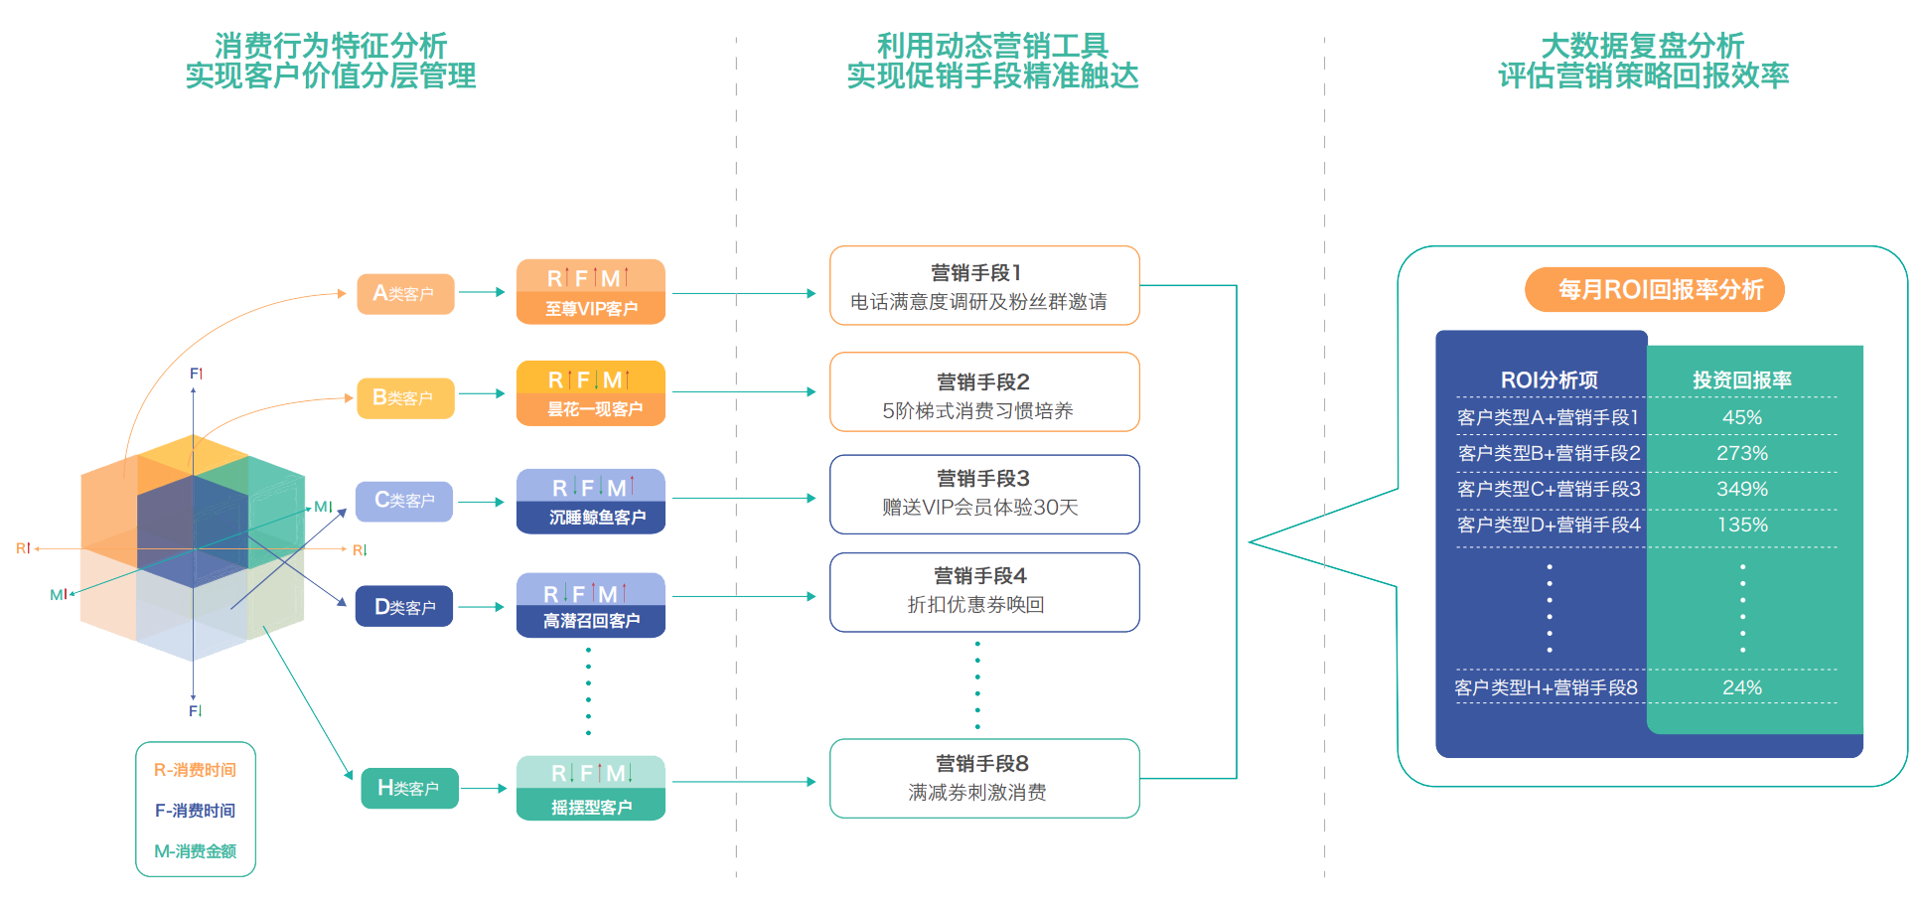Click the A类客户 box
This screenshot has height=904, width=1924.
tap(405, 294)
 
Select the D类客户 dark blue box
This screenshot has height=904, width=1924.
tap(404, 606)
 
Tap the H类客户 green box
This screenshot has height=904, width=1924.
tap(409, 788)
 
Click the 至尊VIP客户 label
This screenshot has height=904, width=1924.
tap(591, 309)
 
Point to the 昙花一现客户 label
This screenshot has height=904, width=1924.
tap(594, 409)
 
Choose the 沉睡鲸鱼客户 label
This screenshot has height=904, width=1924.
tap(596, 517)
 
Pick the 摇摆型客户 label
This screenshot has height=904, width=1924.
tap(591, 807)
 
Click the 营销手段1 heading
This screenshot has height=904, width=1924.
tap(975, 273)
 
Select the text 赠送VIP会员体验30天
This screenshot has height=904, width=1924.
tap(979, 508)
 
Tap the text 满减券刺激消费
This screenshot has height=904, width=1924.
tap(976, 793)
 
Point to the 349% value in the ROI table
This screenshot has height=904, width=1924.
tap(1741, 489)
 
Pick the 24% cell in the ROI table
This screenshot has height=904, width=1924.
tap(1741, 687)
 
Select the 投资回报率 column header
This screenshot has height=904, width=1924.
tap(1741, 379)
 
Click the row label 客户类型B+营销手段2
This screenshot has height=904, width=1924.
tap(1548, 453)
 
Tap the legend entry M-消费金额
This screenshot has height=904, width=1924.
tap(196, 851)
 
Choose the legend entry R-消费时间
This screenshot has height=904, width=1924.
tap(196, 770)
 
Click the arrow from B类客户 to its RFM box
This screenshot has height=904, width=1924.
tap(483, 394)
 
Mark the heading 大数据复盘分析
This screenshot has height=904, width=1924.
tap(1642, 46)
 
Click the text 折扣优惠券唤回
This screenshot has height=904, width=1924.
tap(975, 605)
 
